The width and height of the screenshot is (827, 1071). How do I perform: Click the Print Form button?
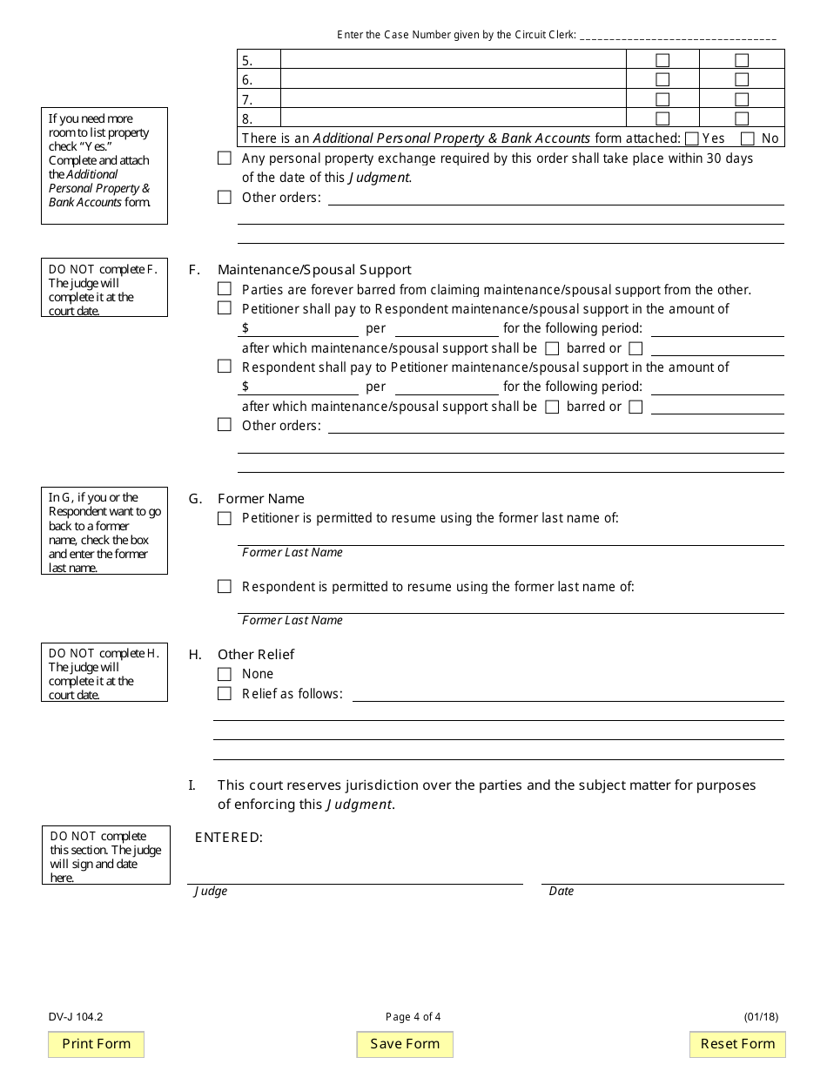coord(96,1044)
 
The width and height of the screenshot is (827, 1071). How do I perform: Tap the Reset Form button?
coord(737,1044)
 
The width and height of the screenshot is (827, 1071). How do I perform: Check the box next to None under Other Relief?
coord(225,674)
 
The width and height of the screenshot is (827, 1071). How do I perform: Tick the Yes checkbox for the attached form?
coord(692,138)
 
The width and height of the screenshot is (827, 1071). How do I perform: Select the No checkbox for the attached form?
coord(747,138)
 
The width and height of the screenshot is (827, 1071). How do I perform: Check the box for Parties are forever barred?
coord(225,289)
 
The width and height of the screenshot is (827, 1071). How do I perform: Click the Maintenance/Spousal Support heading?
coord(314,270)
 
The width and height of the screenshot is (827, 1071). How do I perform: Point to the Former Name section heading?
coord(261,499)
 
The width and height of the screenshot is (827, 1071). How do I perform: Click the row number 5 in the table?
coord(248,61)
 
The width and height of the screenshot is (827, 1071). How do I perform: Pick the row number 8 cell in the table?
coord(248,119)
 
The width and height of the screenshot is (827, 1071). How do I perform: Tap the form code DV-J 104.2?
coord(77,1016)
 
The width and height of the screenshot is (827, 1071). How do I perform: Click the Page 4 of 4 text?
coord(413,1016)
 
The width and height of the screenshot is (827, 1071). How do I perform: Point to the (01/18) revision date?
coord(761,1016)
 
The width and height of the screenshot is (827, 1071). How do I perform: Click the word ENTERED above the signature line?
coord(228,838)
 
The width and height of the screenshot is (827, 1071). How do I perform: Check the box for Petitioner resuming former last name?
coord(225,518)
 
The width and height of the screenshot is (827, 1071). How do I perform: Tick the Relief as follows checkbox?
coord(225,694)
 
